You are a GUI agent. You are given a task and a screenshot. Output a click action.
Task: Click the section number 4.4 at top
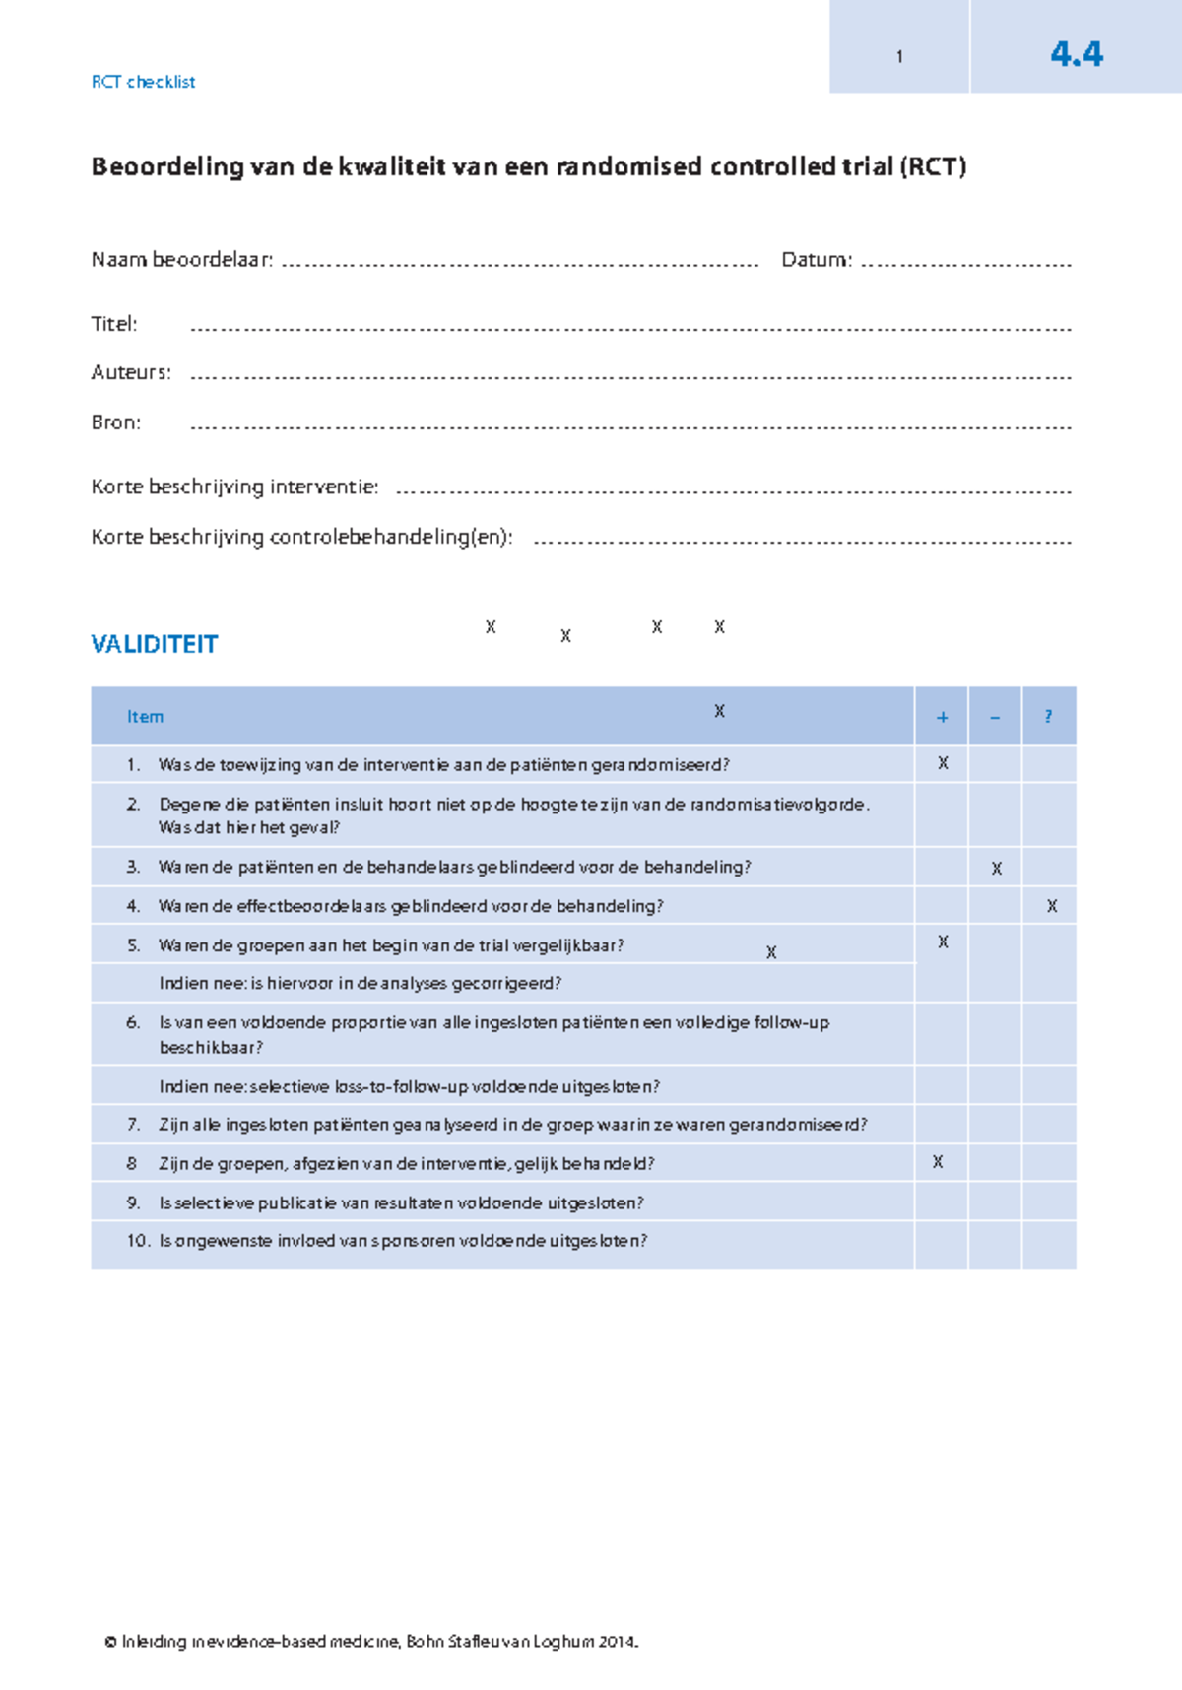click(x=1076, y=53)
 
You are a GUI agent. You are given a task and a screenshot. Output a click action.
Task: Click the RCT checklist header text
click(x=143, y=82)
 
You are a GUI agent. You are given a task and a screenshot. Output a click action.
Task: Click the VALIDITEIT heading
click(x=155, y=644)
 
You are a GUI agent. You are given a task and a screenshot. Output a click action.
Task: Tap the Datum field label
click(x=816, y=260)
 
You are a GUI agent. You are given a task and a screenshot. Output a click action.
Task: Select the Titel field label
click(x=114, y=324)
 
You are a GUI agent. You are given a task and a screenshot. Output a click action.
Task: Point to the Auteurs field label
click(x=131, y=372)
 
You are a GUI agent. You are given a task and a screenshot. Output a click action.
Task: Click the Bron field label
click(x=116, y=422)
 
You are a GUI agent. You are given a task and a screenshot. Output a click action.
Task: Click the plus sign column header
click(x=942, y=717)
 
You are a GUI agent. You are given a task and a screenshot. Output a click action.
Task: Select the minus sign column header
click(x=995, y=717)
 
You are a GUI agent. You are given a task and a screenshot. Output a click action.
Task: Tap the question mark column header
click(x=1048, y=717)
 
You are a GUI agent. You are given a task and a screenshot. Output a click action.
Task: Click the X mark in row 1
click(x=943, y=763)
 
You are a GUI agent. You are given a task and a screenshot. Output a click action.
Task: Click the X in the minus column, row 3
click(x=996, y=869)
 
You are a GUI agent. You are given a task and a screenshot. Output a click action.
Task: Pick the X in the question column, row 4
click(x=1051, y=906)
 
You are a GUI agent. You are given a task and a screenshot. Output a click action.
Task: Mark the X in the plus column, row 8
click(x=938, y=1162)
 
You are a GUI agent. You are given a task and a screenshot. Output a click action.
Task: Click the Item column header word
click(x=145, y=717)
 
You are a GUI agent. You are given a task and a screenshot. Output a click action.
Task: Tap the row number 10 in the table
click(x=138, y=1241)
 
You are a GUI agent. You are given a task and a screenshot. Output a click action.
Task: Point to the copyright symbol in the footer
click(x=111, y=1642)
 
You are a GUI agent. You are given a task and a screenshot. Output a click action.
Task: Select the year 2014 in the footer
click(x=617, y=1642)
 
